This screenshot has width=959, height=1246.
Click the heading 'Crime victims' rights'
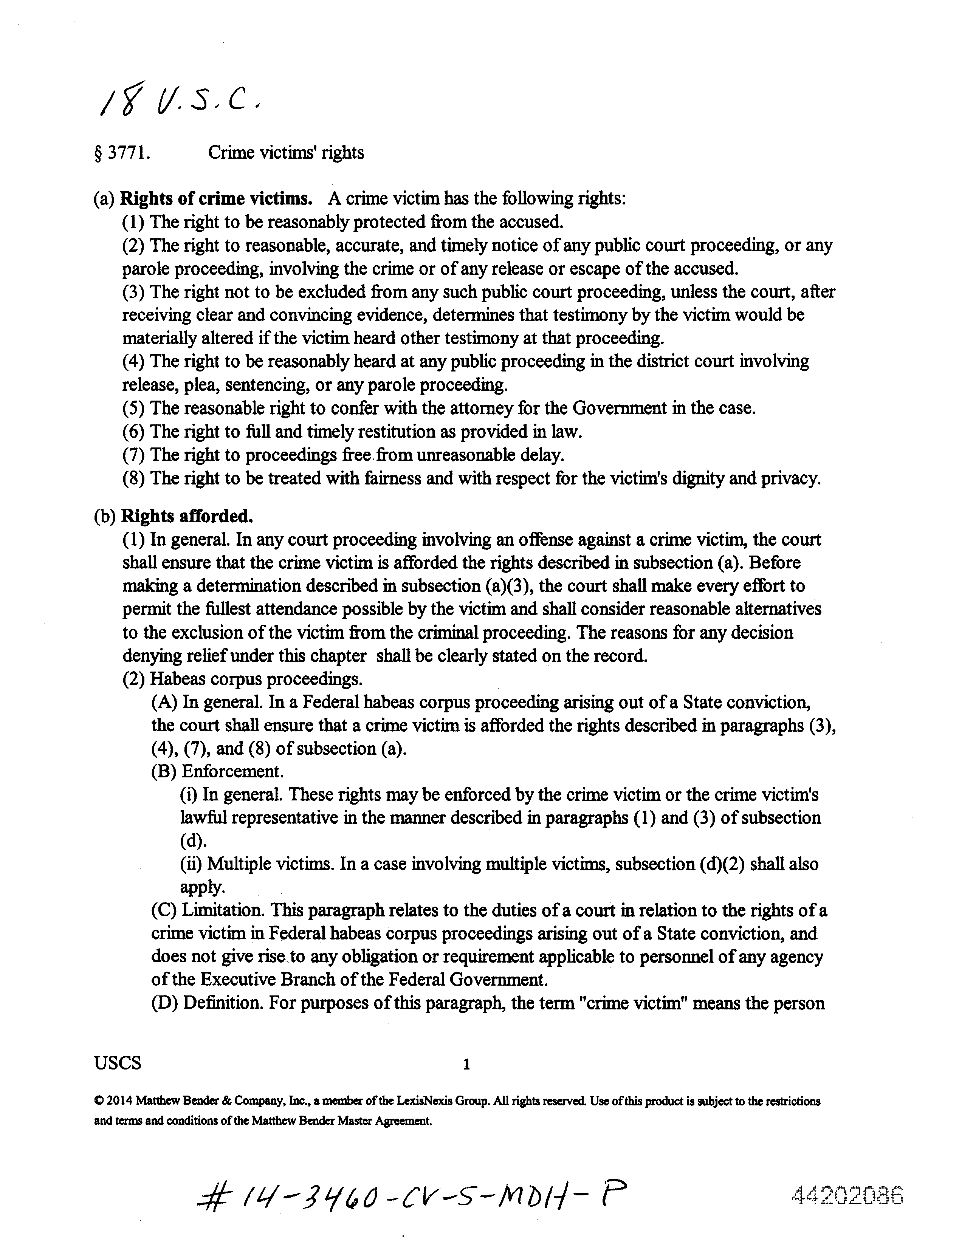point(286,152)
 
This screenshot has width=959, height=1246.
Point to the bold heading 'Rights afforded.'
point(187,516)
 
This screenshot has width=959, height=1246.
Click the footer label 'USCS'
point(118,1063)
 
